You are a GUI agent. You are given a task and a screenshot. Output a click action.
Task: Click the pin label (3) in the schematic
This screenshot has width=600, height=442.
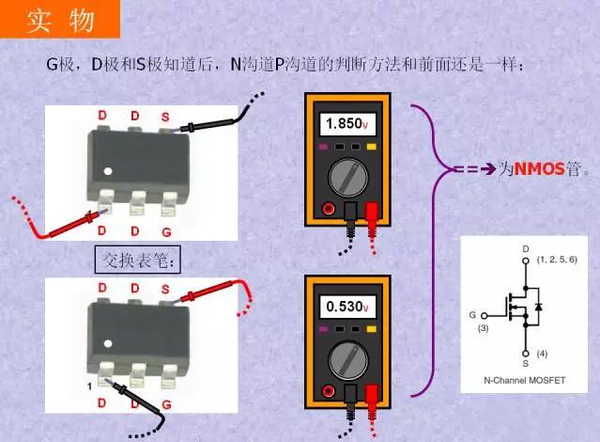(484, 328)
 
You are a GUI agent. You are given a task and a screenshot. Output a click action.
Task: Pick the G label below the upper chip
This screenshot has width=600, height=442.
(166, 230)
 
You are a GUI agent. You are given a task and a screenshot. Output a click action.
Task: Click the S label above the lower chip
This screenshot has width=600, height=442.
(165, 288)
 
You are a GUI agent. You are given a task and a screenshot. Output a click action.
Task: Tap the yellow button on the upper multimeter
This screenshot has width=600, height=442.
(371, 148)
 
